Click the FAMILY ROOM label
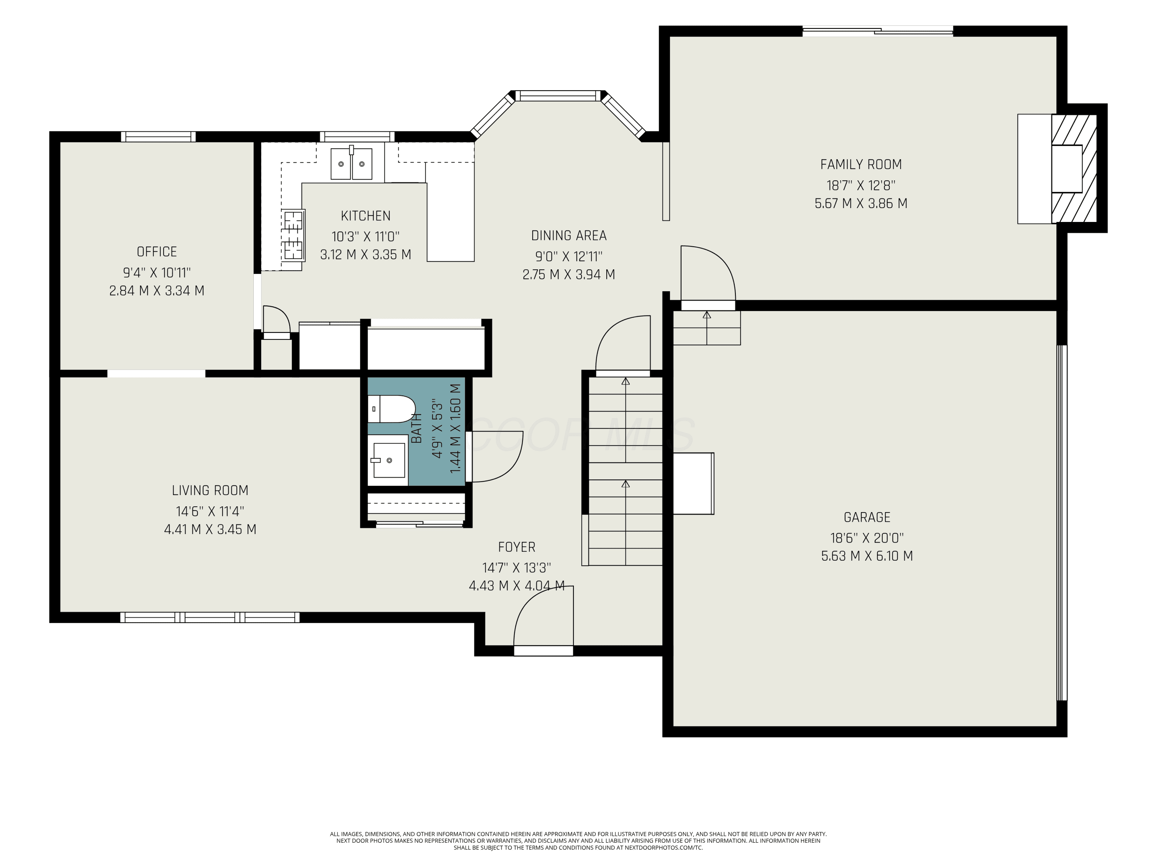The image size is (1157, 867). [861, 165]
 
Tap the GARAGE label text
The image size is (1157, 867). [867, 518]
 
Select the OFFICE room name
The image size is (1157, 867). [157, 252]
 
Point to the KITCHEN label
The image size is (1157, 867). [366, 216]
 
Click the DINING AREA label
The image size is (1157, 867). [569, 236]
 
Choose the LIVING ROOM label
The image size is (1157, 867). [210, 490]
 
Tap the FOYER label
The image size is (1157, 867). [517, 547]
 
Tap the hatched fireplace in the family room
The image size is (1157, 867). [1074, 169]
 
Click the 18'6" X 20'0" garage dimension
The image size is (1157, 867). [867, 538]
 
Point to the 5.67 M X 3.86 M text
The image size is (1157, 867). [861, 203]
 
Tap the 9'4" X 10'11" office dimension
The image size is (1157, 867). [157, 272]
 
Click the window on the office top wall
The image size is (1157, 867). [159, 137]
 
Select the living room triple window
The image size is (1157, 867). [210, 617]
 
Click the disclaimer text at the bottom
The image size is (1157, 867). [578, 841]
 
